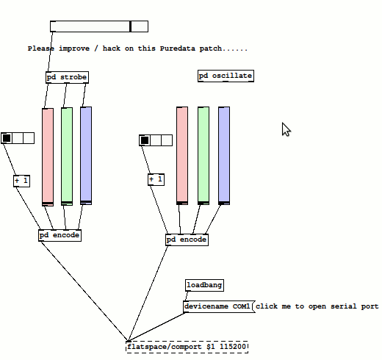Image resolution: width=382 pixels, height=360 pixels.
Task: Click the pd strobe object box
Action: (x=67, y=77)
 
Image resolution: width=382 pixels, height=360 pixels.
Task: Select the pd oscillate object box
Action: (x=226, y=76)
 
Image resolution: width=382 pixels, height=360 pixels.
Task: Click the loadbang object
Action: (x=204, y=285)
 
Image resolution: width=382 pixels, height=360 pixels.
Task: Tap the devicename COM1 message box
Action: (x=219, y=306)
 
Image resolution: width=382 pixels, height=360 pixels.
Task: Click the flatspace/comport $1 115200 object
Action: (x=187, y=347)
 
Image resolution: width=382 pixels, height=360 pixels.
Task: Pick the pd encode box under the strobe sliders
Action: (x=60, y=235)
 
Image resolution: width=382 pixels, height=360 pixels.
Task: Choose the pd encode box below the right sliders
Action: (x=187, y=240)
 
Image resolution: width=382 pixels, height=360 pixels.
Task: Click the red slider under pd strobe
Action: (x=48, y=157)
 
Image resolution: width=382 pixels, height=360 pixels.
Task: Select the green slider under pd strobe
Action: (x=67, y=156)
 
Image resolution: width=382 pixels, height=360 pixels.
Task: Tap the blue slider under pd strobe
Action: (x=86, y=156)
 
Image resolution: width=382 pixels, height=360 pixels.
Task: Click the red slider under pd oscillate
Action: (x=182, y=156)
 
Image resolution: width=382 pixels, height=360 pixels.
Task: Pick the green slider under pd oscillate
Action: (x=203, y=156)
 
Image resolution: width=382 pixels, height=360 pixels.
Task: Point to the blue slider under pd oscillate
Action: (x=224, y=156)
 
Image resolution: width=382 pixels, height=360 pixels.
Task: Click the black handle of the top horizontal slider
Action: (x=131, y=26)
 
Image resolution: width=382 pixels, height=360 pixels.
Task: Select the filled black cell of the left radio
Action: (x=7, y=138)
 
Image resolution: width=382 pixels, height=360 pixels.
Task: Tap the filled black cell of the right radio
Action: (x=145, y=140)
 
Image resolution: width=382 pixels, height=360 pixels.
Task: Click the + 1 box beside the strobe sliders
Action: (x=22, y=181)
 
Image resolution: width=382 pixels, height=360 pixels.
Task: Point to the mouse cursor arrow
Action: (x=286, y=129)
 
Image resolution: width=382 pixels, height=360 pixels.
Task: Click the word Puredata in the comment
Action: (x=178, y=48)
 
